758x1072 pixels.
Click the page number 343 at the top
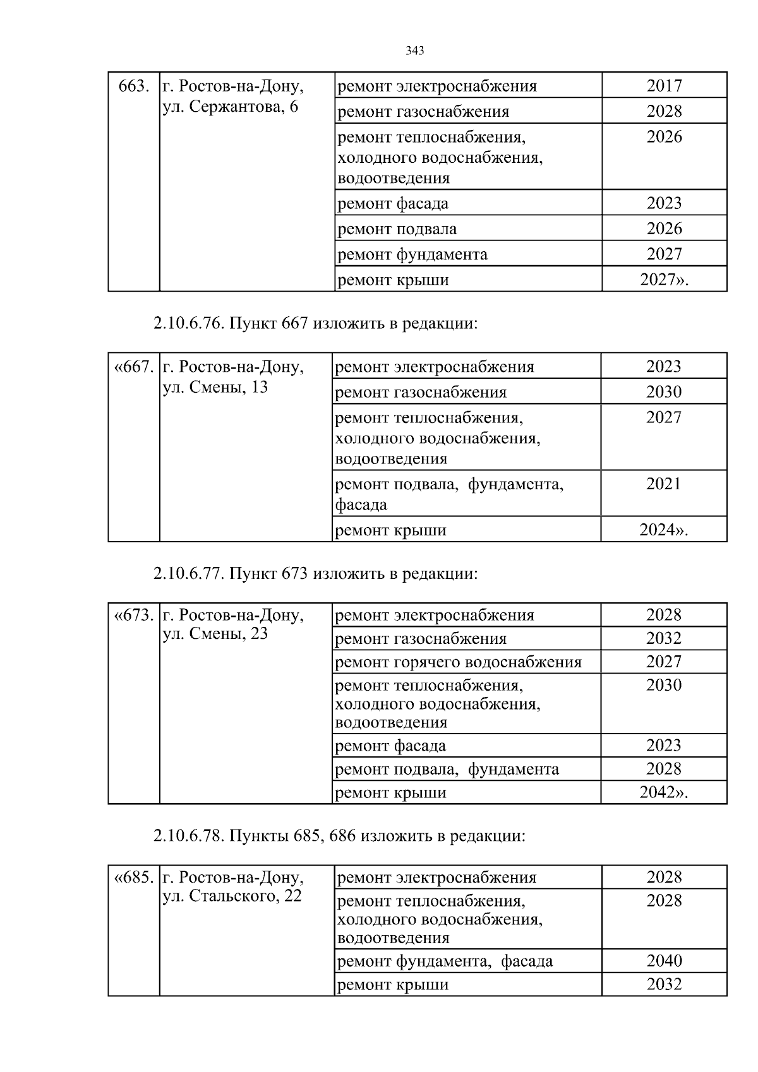point(414,51)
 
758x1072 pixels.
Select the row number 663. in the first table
point(134,86)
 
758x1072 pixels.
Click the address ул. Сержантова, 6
point(230,107)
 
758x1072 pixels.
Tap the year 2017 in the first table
point(664,86)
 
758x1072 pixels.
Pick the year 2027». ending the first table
point(664,280)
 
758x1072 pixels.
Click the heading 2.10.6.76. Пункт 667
point(315,324)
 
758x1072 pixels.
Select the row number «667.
point(133,367)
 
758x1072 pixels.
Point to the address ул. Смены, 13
point(215,387)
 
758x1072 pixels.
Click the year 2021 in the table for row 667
point(663,484)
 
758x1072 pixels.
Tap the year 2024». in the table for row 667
point(663,530)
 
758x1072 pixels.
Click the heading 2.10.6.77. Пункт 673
point(315,574)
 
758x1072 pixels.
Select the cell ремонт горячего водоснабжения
point(458,662)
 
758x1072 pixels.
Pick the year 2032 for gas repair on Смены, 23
point(663,638)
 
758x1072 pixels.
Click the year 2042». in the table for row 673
point(663,793)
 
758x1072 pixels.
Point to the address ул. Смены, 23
point(215,634)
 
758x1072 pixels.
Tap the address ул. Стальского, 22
point(232,896)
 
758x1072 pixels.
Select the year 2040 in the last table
point(664,961)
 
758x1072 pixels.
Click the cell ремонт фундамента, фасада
point(445,962)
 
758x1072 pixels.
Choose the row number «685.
point(133,878)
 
